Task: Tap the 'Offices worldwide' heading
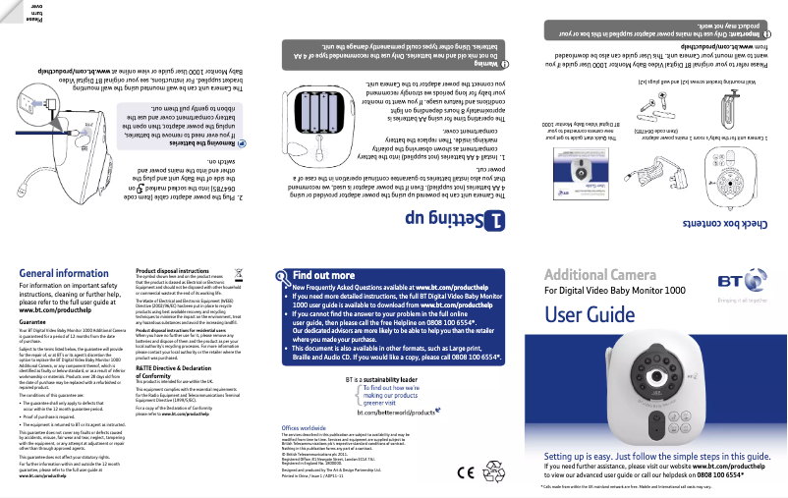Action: [305, 429]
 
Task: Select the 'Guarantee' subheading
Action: [32, 321]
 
